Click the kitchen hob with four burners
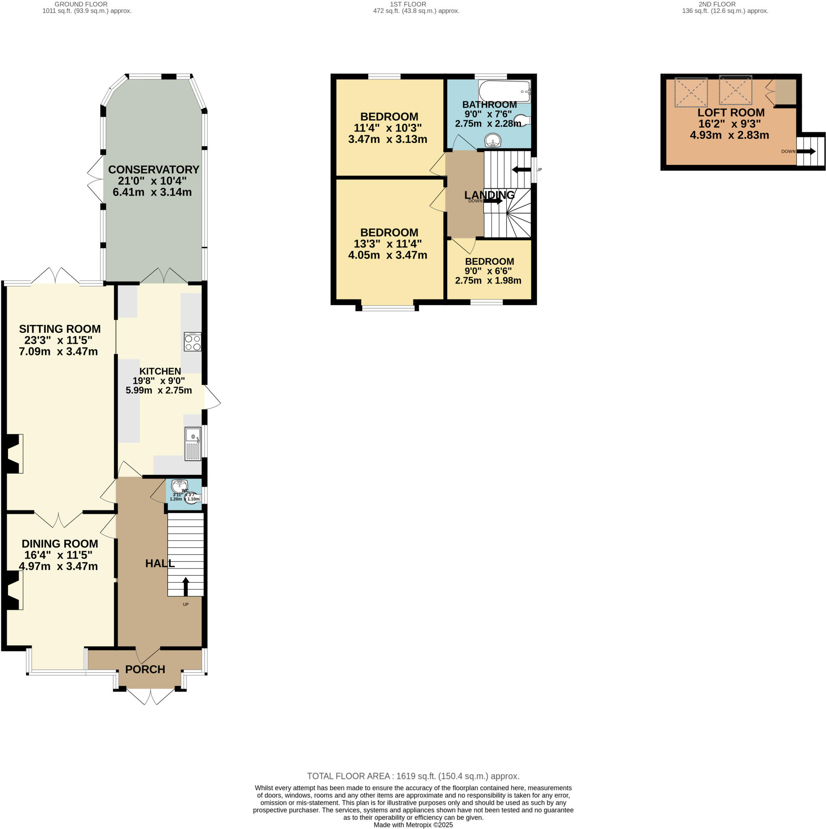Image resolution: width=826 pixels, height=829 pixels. [192, 342]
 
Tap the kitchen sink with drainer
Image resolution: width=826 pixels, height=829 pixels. [193, 444]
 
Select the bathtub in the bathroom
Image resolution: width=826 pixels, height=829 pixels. [504, 91]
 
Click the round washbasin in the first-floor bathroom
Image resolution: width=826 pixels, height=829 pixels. [493, 140]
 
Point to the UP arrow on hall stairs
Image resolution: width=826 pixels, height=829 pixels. [186, 587]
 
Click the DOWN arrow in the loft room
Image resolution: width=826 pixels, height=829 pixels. [805, 151]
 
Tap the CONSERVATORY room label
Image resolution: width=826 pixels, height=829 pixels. [153, 170]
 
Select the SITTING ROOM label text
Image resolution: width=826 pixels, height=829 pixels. [60, 329]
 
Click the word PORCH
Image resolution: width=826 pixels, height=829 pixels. [145, 670]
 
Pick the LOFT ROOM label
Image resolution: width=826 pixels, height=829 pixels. [731, 113]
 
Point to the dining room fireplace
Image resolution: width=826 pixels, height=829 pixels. [13, 590]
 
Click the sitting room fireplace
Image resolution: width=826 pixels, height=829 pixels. [13, 454]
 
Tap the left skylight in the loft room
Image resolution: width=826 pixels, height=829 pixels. [691, 92]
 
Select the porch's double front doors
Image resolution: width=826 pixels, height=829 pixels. [150, 696]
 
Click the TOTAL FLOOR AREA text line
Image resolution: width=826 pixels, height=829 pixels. [413, 776]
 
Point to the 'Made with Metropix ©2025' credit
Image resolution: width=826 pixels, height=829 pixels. [413, 825]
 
